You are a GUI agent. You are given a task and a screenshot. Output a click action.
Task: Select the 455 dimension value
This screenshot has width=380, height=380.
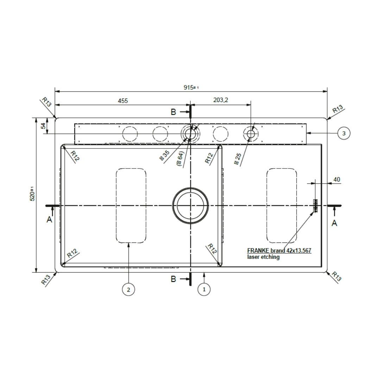[x=122, y=101]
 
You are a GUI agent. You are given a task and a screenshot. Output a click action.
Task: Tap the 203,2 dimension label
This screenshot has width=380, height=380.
[x=221, y=100]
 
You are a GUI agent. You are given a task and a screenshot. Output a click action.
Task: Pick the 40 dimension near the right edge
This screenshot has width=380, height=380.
[x=336, y=179]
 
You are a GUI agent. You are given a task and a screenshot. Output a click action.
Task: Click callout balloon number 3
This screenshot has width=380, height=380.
[x=343, y=133]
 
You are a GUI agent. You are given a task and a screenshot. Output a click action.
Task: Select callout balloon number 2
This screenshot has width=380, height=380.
[x=128, y=290]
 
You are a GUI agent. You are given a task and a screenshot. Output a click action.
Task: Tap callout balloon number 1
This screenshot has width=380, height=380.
[x=204, y=290]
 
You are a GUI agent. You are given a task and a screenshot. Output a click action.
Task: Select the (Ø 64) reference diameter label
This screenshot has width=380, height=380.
[x=180, y=159]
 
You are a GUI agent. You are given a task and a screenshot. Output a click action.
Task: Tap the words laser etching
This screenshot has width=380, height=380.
[x=264, y=257]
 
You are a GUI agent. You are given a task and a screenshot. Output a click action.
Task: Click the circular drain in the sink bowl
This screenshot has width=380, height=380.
[x=190, y=205]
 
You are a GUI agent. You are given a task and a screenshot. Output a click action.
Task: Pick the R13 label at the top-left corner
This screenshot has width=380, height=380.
[x=46, y=102]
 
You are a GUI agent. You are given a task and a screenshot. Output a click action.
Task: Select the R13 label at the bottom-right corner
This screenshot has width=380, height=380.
[x=337, y=276]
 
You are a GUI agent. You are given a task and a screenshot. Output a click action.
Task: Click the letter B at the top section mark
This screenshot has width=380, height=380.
[x=173, y=112]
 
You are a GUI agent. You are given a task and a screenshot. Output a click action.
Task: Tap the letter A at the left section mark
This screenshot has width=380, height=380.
[x=50, y=220]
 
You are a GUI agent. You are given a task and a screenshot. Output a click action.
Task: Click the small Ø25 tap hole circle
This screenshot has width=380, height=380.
[x=251, y=134]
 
